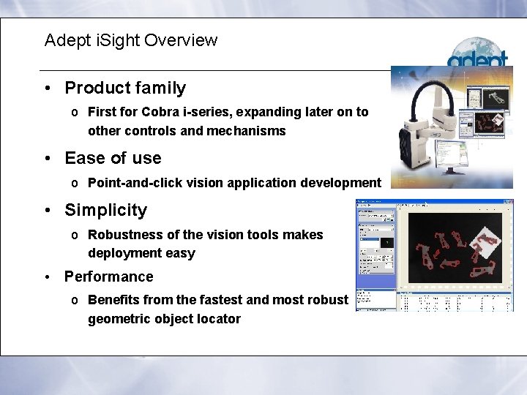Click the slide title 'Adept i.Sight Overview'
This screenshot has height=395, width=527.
click(130, 40)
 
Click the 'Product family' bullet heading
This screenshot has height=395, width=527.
click(125, 88)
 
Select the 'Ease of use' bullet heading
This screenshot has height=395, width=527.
click(113, 158)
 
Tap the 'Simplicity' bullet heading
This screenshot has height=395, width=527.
click(105, 210)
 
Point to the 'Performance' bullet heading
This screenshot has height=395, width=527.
click(108, 276)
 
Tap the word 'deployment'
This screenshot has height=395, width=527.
click(121, 253)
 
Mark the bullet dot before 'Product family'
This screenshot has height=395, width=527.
click(46, 89)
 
